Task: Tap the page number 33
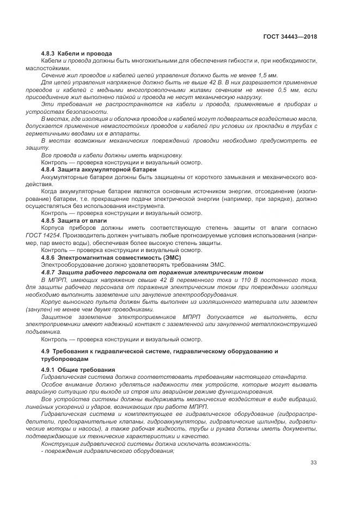313,463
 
